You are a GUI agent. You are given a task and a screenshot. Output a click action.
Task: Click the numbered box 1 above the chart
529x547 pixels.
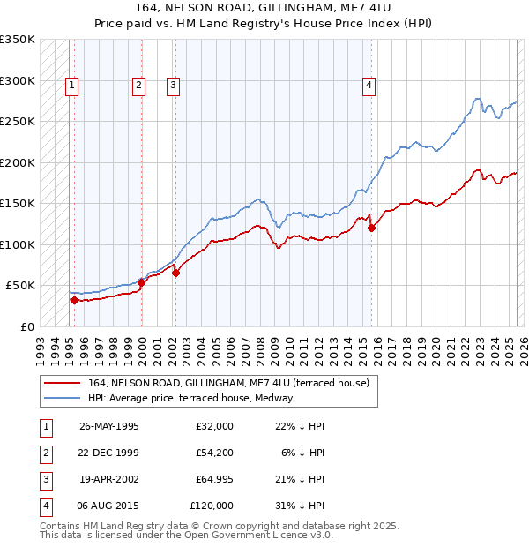coord(71,86)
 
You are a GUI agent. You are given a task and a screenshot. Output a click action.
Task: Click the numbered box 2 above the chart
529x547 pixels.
coord(139,86)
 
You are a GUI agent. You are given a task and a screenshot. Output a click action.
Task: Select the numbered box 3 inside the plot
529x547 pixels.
coord(174,86)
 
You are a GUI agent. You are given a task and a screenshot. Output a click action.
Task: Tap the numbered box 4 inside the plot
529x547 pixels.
coord(369,86)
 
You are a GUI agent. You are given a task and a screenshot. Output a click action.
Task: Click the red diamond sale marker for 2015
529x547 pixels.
coord(371,228)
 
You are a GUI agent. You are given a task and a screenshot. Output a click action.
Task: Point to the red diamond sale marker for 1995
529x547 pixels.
coord(74,300)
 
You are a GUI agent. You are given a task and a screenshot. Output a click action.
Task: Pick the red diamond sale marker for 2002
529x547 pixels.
coord(175,273)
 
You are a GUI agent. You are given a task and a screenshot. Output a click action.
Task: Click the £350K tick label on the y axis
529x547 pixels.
coord(18,40)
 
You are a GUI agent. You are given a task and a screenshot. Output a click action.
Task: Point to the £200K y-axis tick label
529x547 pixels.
coord(18,162)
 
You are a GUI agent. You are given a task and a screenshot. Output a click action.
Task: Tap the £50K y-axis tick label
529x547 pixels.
coord(21,286)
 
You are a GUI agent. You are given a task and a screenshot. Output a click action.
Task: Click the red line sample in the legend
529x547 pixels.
coord(62,383)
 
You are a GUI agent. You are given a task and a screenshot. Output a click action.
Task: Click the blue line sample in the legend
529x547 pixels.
coord(62,398)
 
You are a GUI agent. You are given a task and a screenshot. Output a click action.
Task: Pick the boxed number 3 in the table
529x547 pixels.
coord(43,479)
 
